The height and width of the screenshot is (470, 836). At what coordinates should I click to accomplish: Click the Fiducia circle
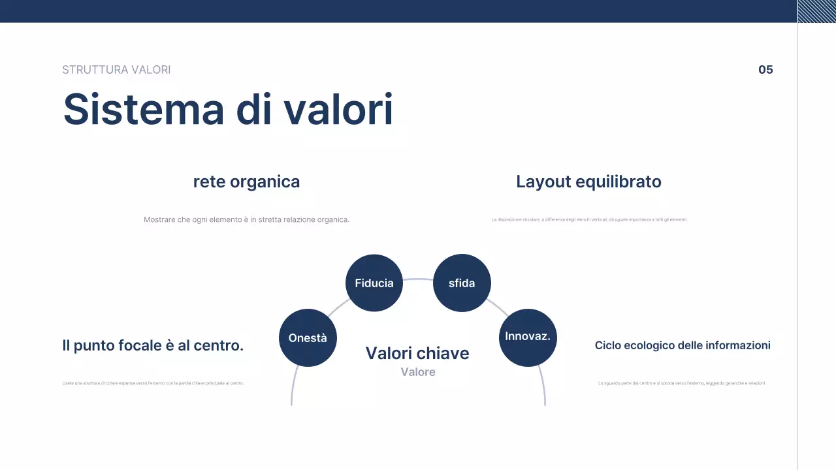click(374, 283)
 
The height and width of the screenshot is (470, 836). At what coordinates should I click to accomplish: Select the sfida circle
click(462, 283)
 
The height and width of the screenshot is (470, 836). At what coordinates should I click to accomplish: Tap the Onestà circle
click(308, 337)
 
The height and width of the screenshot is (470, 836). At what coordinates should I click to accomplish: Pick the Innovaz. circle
click(528, 337)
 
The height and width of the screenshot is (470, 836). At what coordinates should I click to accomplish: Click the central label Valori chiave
click(417, 353)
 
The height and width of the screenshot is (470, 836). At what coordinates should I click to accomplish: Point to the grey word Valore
click(418, 372)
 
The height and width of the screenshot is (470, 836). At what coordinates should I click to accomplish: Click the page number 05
click(765, 70)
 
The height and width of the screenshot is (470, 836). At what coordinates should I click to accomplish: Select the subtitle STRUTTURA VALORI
click(116, 70)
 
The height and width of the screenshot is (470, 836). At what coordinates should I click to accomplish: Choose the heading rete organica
click(246, 181)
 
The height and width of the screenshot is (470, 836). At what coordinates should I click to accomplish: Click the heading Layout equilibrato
click(588, 181)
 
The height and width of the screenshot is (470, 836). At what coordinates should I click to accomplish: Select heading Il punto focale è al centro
click(153, 345)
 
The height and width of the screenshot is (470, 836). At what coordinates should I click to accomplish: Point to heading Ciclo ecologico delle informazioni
click(683, 345)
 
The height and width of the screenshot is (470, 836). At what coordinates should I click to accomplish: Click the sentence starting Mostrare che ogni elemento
click(246, 220)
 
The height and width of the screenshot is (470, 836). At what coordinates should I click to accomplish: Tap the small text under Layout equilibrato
click(588, 220)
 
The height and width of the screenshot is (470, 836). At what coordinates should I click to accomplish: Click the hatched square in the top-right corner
click(816, 11)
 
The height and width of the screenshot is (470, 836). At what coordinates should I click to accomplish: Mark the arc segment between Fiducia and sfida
click(418, 279)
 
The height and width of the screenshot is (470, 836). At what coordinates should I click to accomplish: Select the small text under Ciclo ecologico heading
click(681, 383)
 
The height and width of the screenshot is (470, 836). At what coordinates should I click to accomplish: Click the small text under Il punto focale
click(153, 383)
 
